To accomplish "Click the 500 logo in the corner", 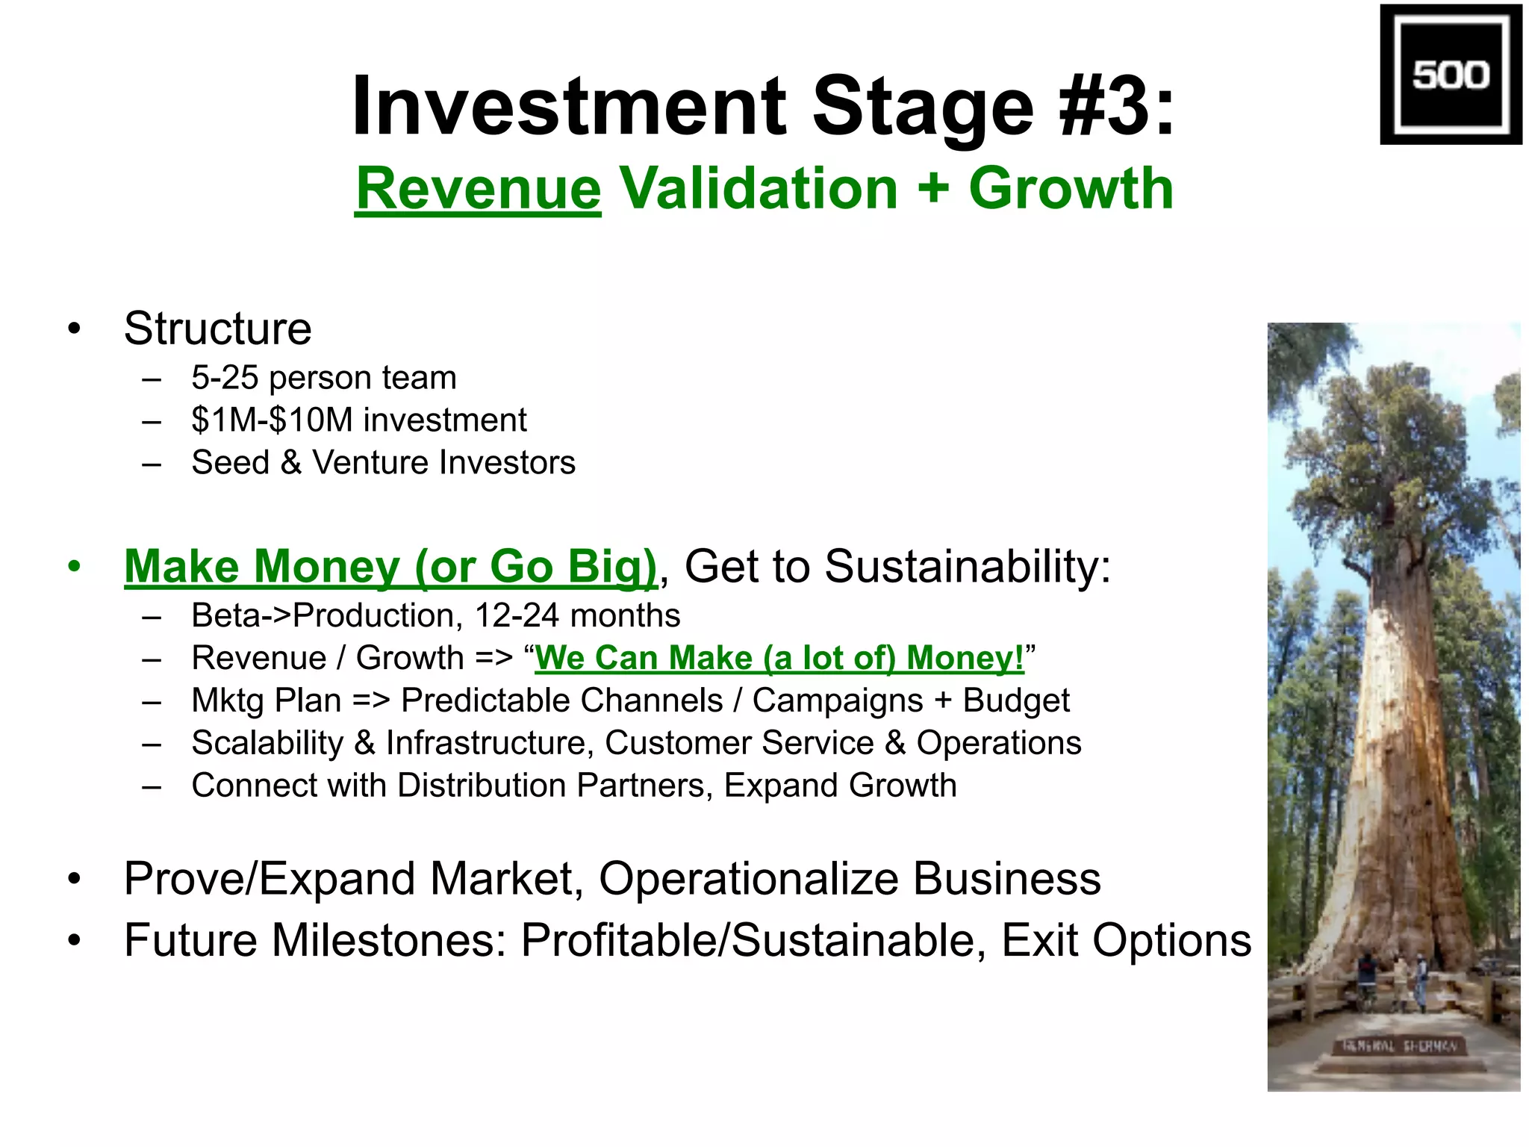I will click(x=1450, y=74).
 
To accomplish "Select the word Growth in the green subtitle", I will click(x=1071, y=188).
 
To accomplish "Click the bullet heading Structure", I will click(x=217, y=329).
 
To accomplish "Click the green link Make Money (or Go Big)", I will click(x=390, y=567).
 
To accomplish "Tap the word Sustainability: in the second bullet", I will click(x=968, y=567).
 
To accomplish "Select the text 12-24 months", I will click(x=577, y=616).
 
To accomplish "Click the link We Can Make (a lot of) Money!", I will click(x=779, y=659).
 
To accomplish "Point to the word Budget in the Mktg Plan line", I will click(x=1015, y=701).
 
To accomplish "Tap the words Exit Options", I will click(x=1126, y=941).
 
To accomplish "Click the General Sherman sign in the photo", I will click(x=1398, y=1046).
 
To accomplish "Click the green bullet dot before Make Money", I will click(x=73, y=567).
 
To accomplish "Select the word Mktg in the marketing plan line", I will click(x=228, y=701).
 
